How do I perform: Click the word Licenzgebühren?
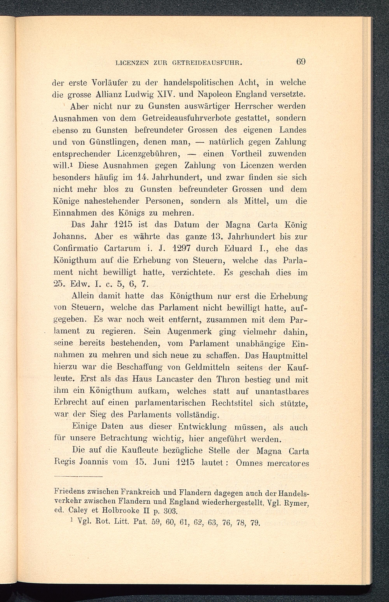(149, 154)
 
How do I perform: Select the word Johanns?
(70, 237)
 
